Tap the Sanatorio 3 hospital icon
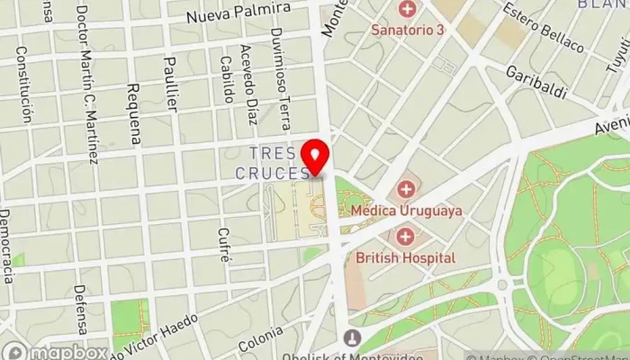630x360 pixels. (408, 11)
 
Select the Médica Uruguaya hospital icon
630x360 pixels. (406, 190)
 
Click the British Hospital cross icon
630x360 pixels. (406, 237)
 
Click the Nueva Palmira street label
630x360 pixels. (238, 13)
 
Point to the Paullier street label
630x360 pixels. (171, 83)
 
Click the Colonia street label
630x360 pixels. (260, 342)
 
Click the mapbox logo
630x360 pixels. (54, 350)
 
